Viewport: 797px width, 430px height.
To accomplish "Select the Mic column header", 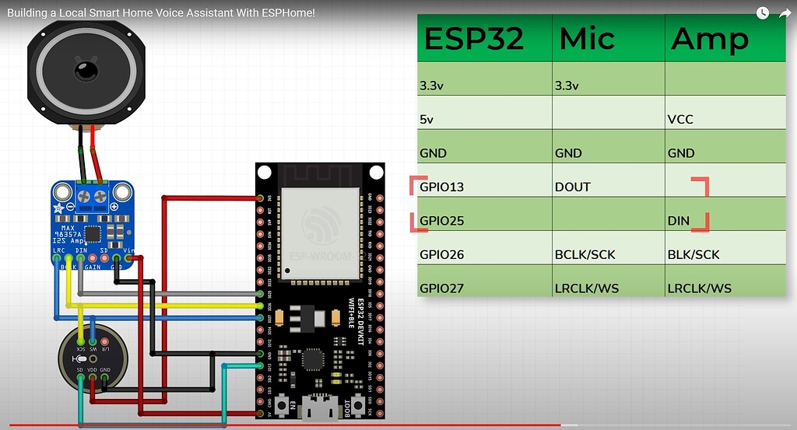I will point(587,39).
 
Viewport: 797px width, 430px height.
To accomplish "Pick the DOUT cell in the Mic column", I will point(572,187).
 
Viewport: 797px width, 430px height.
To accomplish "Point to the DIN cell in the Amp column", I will point(679,221).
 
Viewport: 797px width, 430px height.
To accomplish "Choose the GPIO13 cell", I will point(441,187).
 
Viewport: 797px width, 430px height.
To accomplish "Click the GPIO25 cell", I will point(441,221).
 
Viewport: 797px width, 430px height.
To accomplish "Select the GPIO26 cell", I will point(441,254).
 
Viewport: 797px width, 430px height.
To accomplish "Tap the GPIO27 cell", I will point(441,288).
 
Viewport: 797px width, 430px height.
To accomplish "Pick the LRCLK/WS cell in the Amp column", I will point(699,288).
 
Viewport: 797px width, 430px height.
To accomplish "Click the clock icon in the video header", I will point(763,13).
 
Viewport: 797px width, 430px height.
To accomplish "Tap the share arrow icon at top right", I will point(785,13).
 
